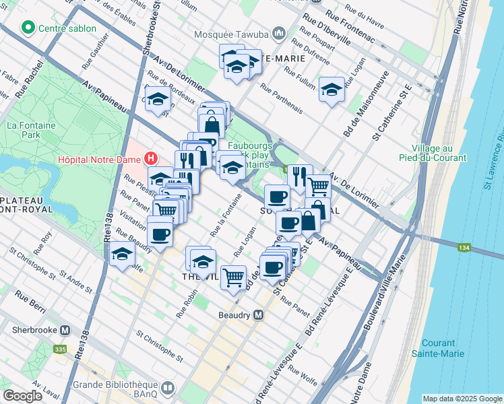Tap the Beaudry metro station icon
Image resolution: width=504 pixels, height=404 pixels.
259,315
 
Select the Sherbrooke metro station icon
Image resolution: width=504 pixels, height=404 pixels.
65,331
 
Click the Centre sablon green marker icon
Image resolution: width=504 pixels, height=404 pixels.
28,28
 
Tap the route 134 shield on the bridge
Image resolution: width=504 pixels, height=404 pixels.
445,248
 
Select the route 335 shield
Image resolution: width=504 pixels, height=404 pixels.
59,349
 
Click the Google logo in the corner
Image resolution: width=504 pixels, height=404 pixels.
22,396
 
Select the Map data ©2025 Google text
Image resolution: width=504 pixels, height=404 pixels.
462,399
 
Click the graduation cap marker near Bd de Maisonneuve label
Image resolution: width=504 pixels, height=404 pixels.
332,89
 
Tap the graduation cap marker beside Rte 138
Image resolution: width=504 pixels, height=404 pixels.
122,254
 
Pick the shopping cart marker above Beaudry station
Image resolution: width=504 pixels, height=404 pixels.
233,276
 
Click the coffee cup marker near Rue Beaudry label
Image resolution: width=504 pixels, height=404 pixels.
160,234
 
